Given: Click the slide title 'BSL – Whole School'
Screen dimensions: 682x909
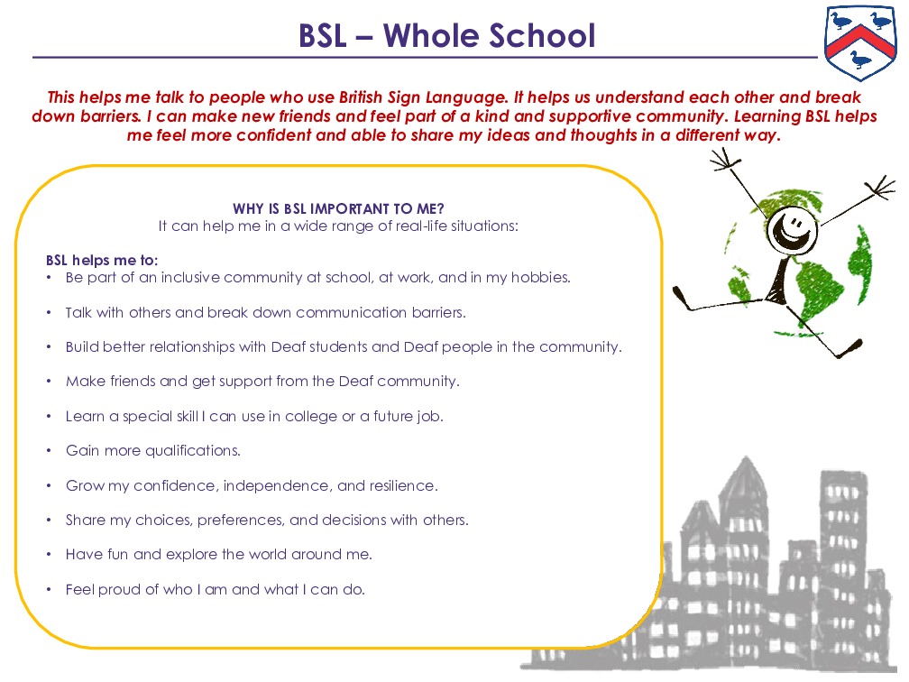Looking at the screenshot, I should pos(447,36).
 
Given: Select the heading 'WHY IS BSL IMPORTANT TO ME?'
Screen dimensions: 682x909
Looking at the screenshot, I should pos(338,208).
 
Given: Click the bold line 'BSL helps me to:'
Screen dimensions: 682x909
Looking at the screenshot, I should pos(102,260).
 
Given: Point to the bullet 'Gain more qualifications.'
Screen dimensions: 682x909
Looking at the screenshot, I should pos(152,450).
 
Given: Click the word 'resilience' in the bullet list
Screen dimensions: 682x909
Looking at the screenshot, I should pos(401,485).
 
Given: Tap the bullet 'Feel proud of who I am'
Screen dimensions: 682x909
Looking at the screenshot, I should pos(215,590).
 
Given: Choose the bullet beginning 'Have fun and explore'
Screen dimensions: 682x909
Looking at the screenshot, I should pos(218,555).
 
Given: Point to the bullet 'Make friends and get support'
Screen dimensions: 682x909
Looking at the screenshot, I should pos(262,382).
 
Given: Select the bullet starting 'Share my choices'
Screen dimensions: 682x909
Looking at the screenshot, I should pos(267,521).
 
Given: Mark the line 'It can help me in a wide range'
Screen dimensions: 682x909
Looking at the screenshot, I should pos(338,226).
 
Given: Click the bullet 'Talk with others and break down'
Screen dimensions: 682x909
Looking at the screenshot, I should pos(265,313).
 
